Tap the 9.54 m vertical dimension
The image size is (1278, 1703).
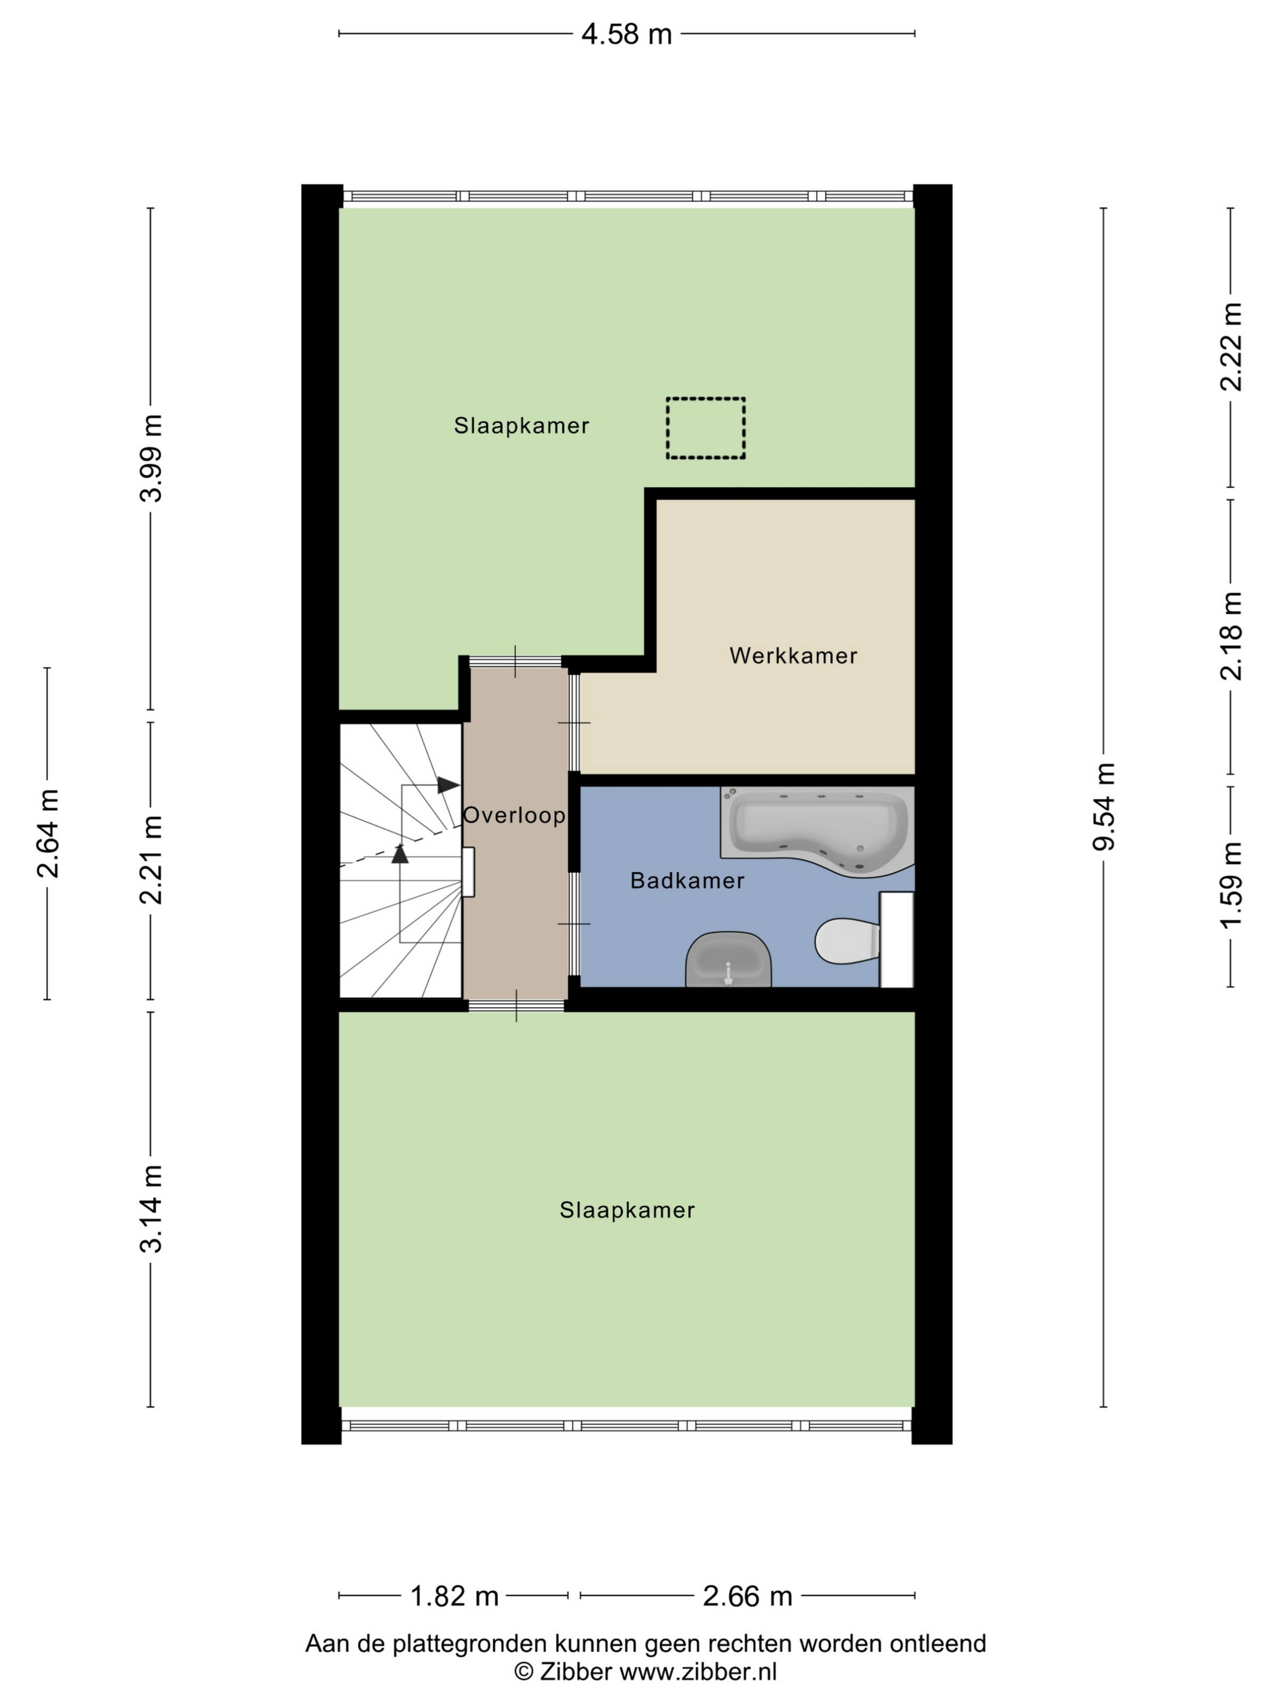pyautogui.click(x=1103, y=806)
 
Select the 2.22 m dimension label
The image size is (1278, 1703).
pyautogui.click(x=1230, y=347)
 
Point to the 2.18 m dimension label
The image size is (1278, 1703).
pyautogui.click(x=1230, y=636)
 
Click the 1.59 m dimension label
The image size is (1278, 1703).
pyautogui.click(x=1230, y=885)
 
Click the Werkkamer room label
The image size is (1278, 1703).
pyautogui.click(x=793, y=656)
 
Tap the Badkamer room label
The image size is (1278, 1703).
pyautogui.click(x=687, y=881)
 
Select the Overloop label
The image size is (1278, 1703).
pyautogui.click(x=514, y=815)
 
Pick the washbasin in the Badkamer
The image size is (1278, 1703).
pyautogui.click(x=728, y=959)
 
